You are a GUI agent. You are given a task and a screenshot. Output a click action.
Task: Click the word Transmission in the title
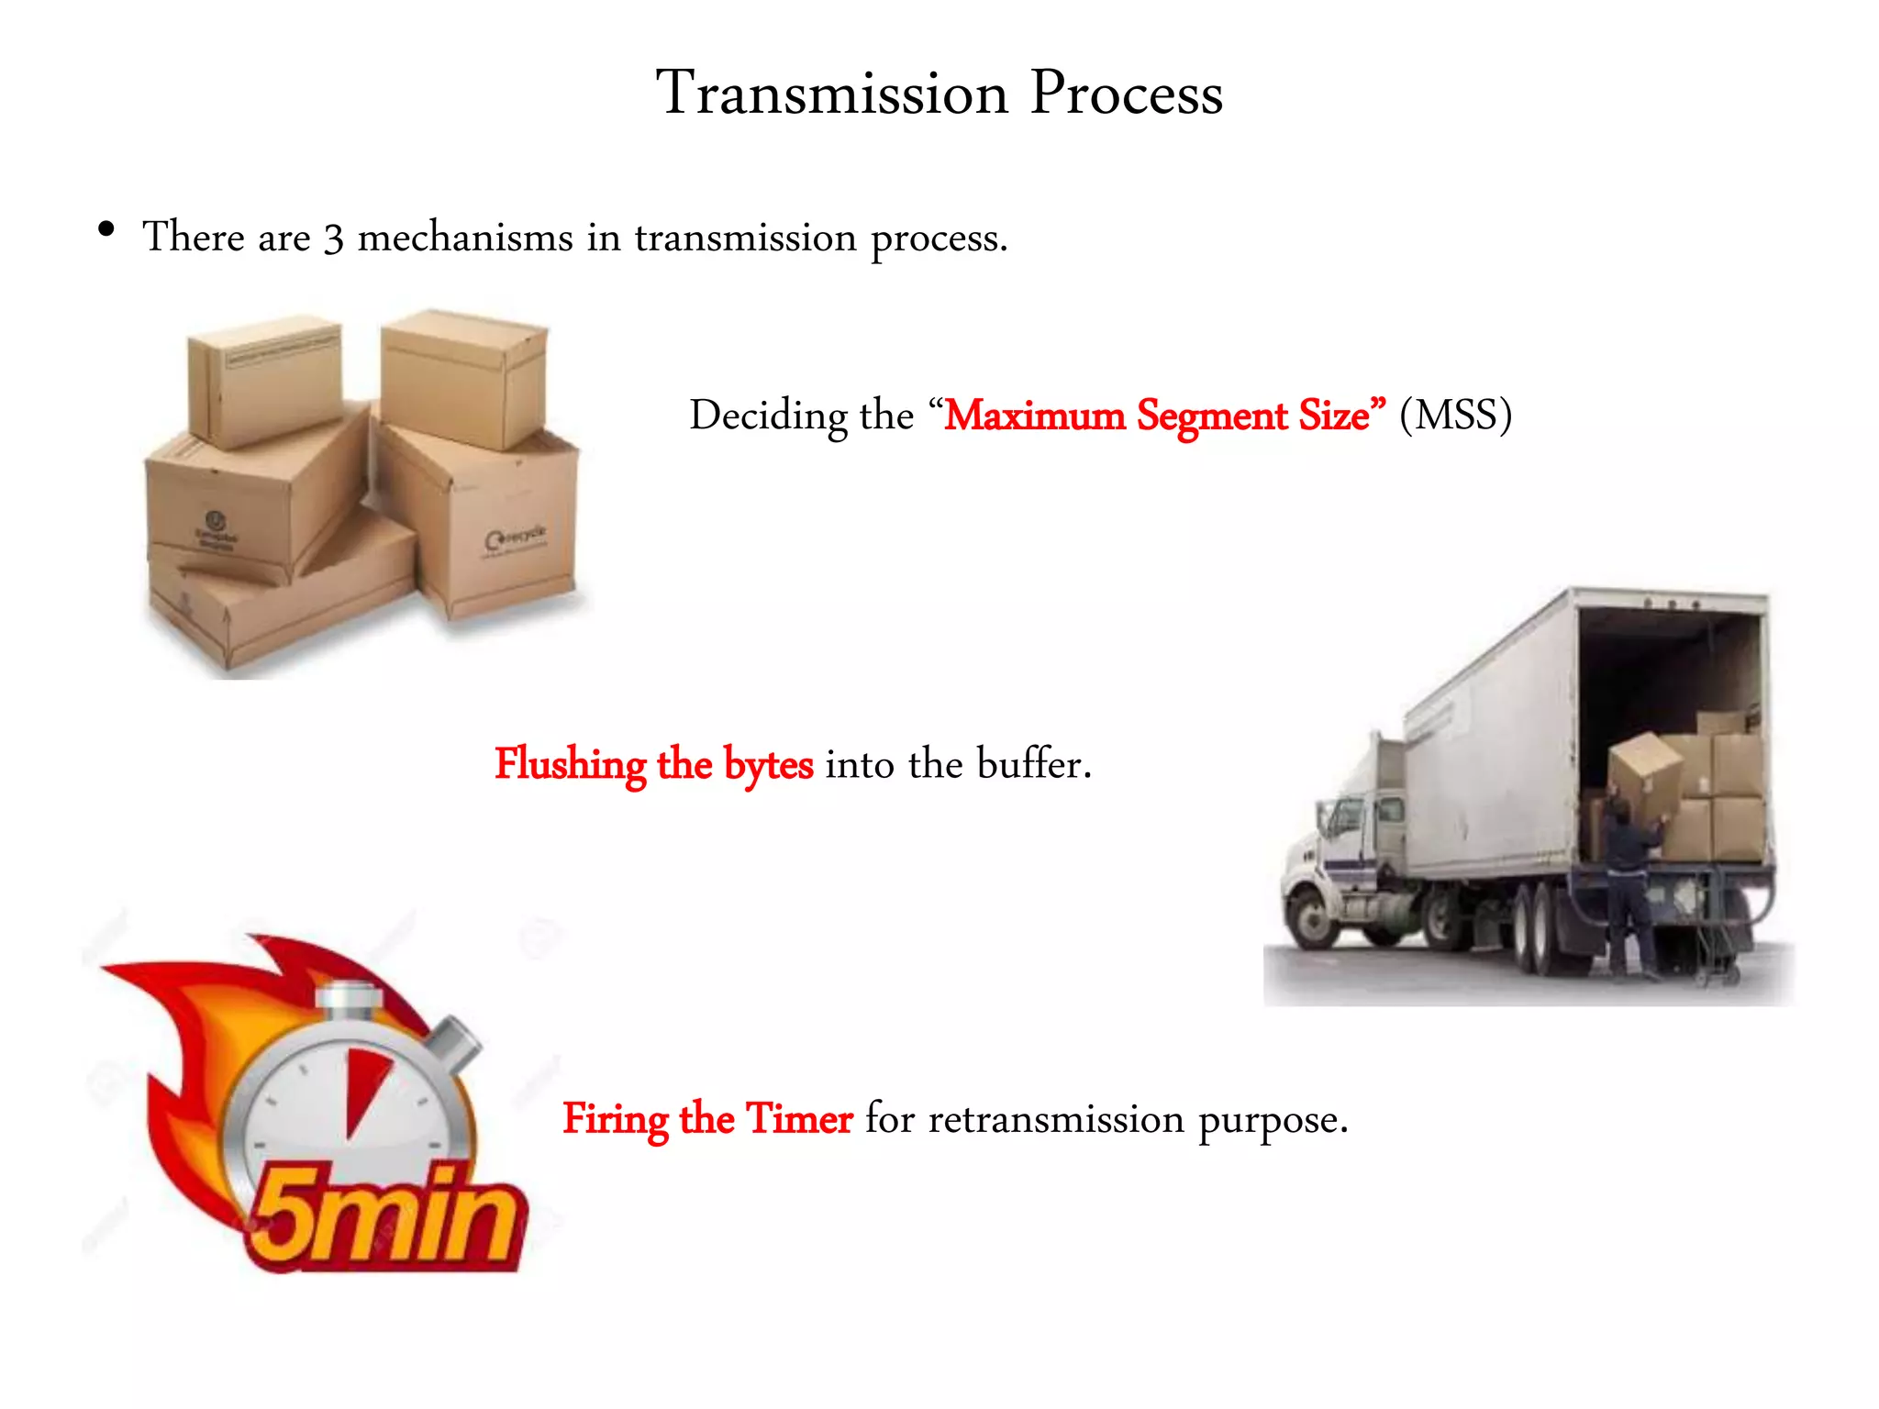832,94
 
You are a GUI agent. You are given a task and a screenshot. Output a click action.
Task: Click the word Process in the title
1126,94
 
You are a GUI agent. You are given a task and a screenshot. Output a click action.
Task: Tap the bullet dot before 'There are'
106,229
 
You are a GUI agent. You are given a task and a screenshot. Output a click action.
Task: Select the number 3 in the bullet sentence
334,239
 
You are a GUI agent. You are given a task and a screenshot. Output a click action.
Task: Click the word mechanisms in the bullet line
465,238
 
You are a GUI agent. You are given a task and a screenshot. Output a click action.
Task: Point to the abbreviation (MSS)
1455,416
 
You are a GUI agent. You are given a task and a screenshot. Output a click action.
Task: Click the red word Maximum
1035,416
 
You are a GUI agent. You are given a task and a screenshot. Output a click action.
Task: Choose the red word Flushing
570,764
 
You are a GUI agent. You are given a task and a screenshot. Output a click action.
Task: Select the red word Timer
798,1119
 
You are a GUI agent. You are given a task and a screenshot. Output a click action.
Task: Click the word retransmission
1056,1119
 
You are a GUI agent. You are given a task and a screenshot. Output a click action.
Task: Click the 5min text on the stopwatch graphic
385,1215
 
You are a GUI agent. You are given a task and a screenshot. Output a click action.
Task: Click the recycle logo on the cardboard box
515,538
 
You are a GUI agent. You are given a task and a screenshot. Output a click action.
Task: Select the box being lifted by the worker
1645,775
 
